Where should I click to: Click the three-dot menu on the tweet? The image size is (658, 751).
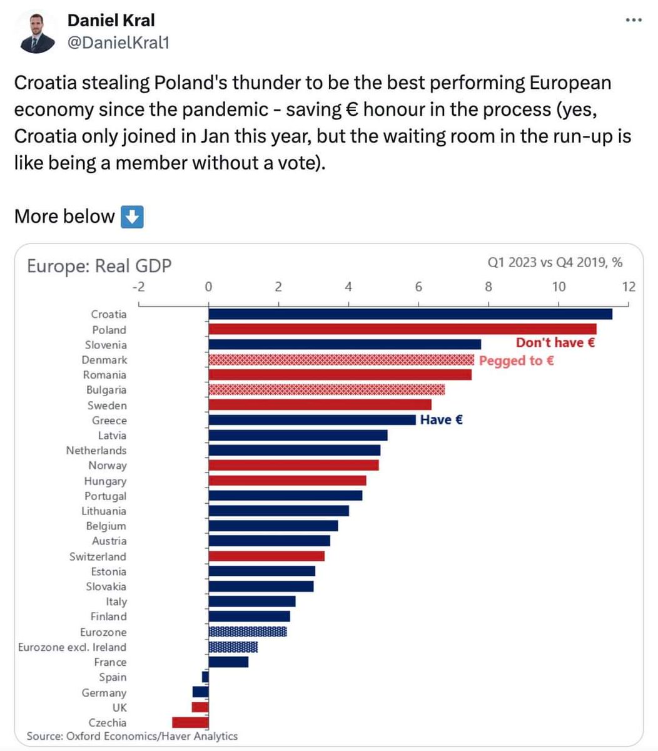[x=634, y=21]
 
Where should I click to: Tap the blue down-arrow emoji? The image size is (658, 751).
[x=131, y=217]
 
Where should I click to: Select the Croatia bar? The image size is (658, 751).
[x=410, y=314]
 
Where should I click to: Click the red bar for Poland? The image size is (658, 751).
[x=402, y=329]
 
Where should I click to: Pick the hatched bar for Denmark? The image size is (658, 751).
[x=341, y=360]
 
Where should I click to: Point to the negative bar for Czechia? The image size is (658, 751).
[x=190, y=722]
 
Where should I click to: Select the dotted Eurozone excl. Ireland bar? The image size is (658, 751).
[x=233, y=647]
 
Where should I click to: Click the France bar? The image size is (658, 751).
[x=228, y=662]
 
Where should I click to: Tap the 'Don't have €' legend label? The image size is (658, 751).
[x=555, y=342]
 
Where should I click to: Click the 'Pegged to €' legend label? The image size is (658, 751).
[x=516, y=360]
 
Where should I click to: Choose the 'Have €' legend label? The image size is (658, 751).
[x=441, y=420]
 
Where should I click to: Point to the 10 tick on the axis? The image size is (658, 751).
[x=558, y=287]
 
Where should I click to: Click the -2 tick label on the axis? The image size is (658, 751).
[x=138, y=287]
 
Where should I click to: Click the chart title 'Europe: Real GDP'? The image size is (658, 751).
[x=99, y=266]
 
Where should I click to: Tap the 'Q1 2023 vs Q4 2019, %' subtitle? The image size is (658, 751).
[x=555, y=263]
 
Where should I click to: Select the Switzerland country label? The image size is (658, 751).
[x=98, y=556]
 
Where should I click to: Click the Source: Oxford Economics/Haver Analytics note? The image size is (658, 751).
[x=132, y=736]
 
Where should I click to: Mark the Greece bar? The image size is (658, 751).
[x=311, y=420]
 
